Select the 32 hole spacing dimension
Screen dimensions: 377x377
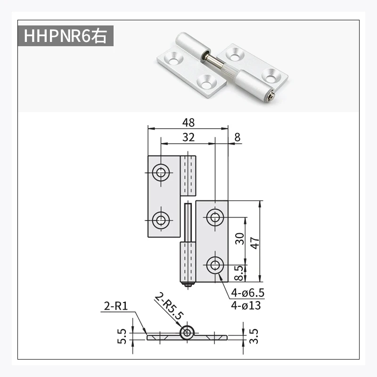click(x=188, y=137)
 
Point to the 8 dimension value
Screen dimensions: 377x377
click(x=237, y=137)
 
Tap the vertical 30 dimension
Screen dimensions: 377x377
click(x=239, y=239)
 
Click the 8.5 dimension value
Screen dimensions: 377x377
click(x=239, y=272)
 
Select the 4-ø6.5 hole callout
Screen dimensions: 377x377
click(x=246, y=294)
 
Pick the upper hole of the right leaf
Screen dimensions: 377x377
click(x=215, y=217)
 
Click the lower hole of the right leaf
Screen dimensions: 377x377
click(x=215, y=265)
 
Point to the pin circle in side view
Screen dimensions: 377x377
click(x=188, y=333)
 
